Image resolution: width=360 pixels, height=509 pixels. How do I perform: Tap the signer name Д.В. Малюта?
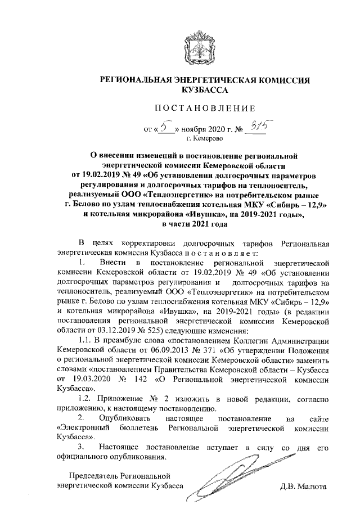tap(304, 485)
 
